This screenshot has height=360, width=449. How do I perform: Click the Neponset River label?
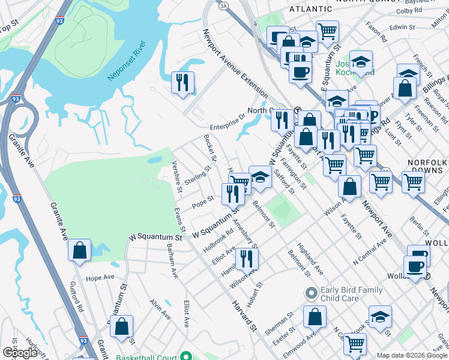(x=126, y=61)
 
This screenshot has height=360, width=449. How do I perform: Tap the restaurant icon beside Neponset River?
(x=182, y=82)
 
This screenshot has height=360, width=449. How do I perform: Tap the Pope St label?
(x=203, y=202)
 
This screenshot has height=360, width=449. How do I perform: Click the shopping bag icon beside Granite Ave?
(x=79, y=251)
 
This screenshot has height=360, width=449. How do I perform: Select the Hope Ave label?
(x=100, y=278)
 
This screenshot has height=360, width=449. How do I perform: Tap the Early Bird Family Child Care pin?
(x=311, y=294)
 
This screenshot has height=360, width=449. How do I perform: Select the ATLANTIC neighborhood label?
(x=310, y=9)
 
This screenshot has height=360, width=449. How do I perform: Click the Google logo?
(x=20, y=353)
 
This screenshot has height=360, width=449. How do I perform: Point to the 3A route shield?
(x=223, y=5)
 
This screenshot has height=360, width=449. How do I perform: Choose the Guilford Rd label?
(x=76, y=297)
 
